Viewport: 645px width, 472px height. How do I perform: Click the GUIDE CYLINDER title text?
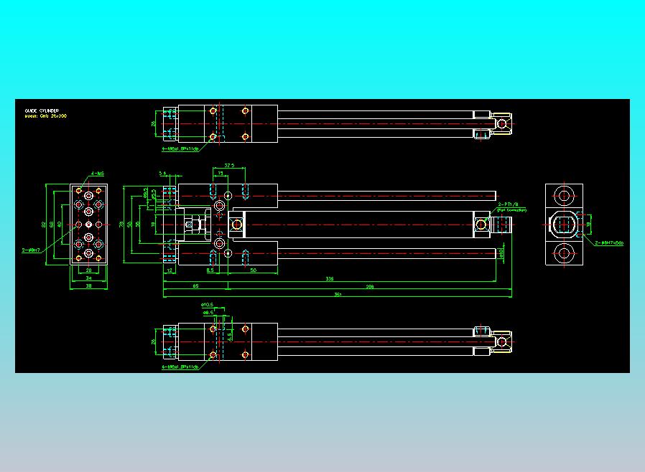pos(42,110)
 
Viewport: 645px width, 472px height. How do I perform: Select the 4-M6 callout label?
pos(98,174)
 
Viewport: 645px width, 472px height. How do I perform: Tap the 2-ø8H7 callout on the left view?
pos(31,250)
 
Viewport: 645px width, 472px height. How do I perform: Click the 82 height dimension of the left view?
pos(44,225)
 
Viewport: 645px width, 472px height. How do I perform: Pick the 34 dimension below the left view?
pos(89,278)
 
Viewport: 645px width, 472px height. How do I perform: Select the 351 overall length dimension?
pos(338,294)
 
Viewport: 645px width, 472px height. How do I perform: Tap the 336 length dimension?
pos(330,278)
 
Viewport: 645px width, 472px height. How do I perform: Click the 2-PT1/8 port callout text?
pos(509,204)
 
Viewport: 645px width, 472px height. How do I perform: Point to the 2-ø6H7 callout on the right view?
pos(609,242)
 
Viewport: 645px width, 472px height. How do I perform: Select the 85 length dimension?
pos(195,286)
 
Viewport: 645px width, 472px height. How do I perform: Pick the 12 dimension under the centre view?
pos(170,270)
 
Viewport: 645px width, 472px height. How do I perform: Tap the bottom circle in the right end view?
pos(564,254)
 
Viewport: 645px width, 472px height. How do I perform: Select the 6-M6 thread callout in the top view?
pos(180,148)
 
